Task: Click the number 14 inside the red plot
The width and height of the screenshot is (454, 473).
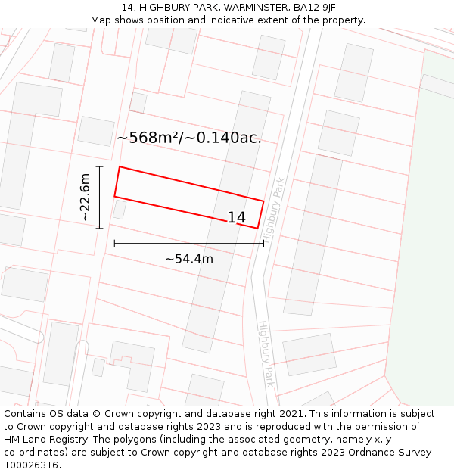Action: click(236, 218)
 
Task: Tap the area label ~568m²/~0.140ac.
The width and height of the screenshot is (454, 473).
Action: click(189, 138)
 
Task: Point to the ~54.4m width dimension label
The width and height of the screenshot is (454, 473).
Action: click(189, 259)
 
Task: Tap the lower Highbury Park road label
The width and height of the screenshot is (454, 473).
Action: click(266, 353)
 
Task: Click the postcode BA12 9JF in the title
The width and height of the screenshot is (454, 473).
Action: click(315, 8)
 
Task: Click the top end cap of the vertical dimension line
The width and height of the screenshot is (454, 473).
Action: click(99, 166)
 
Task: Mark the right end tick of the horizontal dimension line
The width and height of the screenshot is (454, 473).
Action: click(263, 243)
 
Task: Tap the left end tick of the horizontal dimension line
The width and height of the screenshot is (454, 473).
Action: click(114, 243)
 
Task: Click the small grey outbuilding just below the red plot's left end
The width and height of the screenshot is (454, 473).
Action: click(120, 210)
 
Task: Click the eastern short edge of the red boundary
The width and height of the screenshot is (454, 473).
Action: click(260, 214)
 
